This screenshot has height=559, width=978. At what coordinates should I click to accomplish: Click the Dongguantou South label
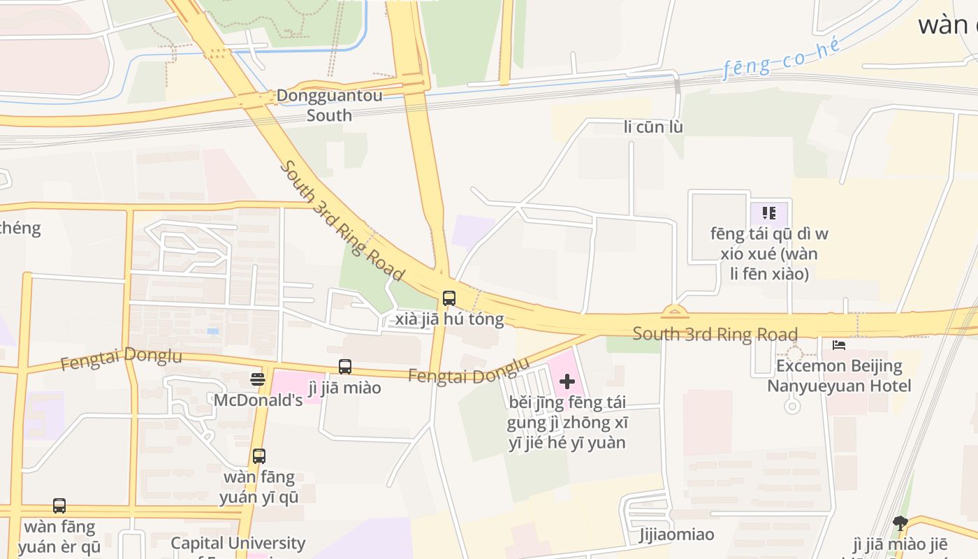tap(329, 105)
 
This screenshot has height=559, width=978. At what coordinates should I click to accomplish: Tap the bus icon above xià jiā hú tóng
tap(449, 298)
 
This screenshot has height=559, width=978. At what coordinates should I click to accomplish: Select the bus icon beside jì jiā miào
tap(345, 366)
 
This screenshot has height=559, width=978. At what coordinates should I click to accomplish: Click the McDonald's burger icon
tap(258, 379)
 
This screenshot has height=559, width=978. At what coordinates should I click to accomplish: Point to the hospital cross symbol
tap(567, 382)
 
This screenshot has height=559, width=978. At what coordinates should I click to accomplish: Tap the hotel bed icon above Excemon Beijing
tap(839, 345)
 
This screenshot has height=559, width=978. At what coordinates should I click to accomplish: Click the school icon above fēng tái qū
tap(769, 212)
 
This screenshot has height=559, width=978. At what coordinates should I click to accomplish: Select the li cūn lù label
tap(653, 127)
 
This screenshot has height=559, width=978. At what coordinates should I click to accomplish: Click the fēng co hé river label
tap(781, 59)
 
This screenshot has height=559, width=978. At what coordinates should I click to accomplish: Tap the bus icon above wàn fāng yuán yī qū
tap(259, 456)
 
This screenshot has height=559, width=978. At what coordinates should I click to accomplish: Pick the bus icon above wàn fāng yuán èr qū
tap(59, 505)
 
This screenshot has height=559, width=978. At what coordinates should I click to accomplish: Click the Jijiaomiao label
tap(676, 535)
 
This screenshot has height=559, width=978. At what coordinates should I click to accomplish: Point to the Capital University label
tap(238, 543)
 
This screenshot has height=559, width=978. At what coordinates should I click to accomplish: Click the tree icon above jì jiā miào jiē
tap(900, 523)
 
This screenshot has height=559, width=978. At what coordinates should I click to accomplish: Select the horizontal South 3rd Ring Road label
tap(715, 334)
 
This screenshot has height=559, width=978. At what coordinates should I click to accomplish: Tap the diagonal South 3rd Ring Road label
tap(342, 219)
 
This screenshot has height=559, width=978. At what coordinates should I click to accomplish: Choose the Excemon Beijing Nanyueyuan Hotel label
tap(839, 376)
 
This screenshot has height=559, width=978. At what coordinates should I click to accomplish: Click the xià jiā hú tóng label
tap(449, 319)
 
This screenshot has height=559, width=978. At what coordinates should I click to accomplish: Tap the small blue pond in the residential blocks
tap(212, 331)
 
